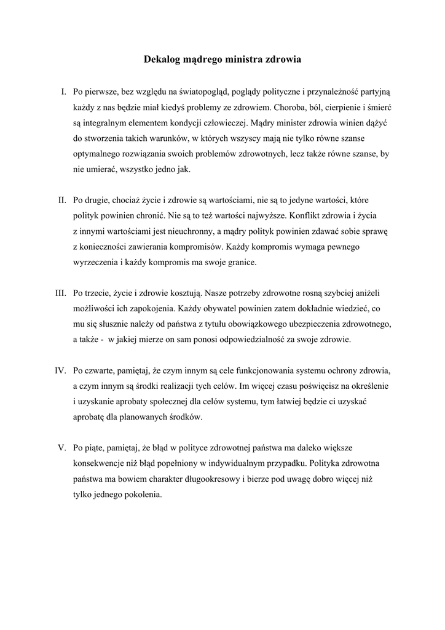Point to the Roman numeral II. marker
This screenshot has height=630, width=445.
62,200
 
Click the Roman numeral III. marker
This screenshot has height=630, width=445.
60,293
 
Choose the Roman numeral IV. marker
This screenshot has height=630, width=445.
60,370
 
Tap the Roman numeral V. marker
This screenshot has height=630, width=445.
62,447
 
